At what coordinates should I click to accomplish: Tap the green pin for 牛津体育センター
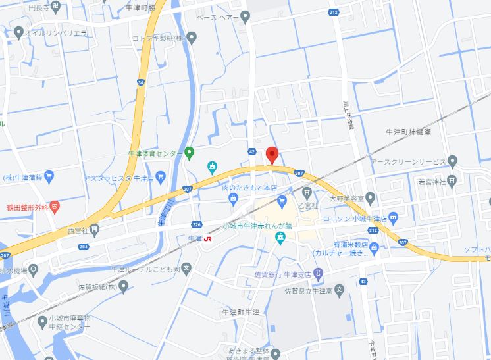point(189,153)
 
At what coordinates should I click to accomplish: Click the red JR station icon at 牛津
point(208,238)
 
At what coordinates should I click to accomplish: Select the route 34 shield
point(141,82)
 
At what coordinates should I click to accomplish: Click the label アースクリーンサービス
point(408,161)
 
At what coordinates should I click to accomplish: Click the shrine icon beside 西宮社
point(95,230)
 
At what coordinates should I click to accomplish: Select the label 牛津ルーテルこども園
point(145,269)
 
